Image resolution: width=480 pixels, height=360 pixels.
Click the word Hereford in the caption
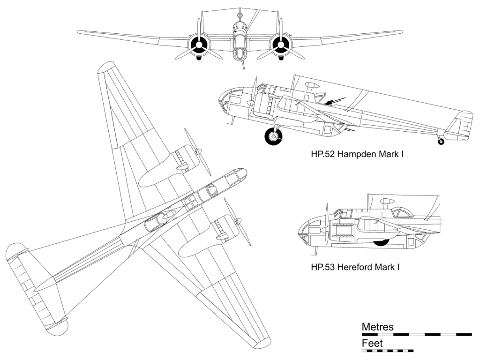354,268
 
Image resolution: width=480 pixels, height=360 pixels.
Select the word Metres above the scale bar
378,327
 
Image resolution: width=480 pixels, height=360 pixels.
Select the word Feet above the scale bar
372,343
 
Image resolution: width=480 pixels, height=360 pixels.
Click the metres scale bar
417,335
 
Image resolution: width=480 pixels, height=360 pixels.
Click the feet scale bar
388,351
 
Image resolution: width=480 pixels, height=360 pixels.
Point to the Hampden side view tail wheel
441,141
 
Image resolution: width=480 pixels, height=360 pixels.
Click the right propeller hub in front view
281,45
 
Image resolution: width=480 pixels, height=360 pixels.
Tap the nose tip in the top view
244,172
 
